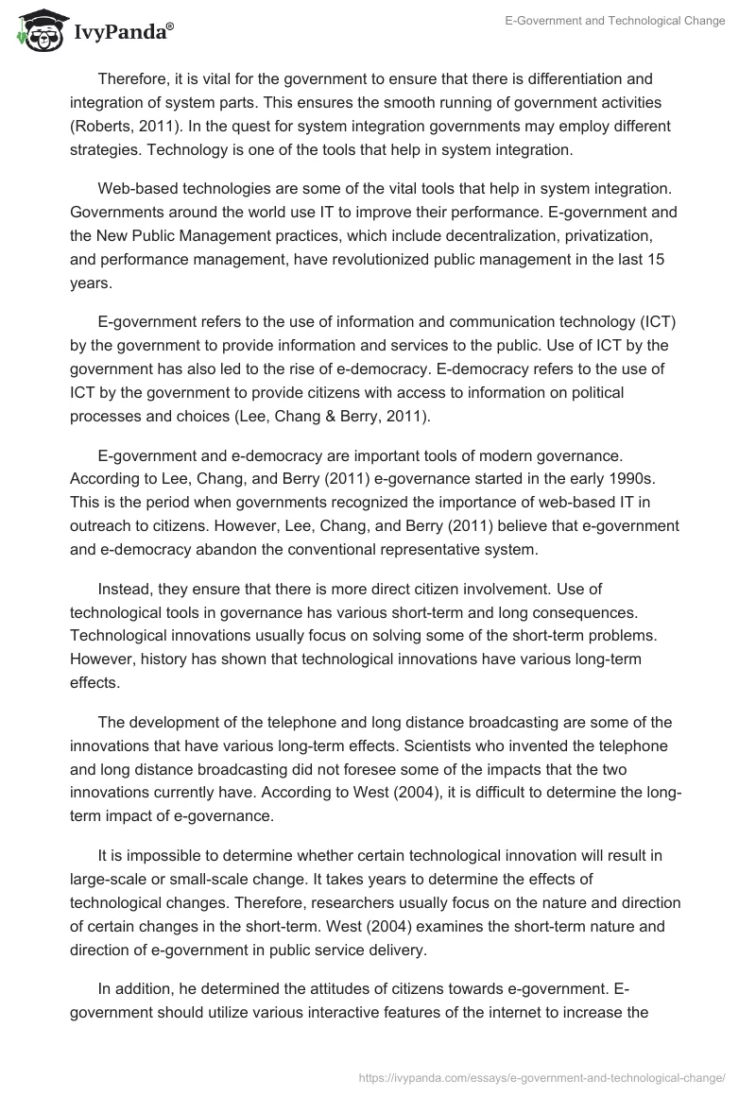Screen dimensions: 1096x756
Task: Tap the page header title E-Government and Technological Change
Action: coord(615,21)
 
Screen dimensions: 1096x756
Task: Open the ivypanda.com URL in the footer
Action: coord(543,1077)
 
